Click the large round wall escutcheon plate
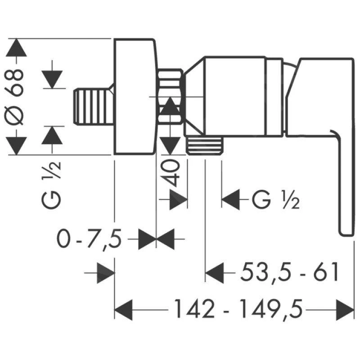135,97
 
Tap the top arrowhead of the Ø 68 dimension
18,48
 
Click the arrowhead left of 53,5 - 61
215,273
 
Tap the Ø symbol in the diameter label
18,118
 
